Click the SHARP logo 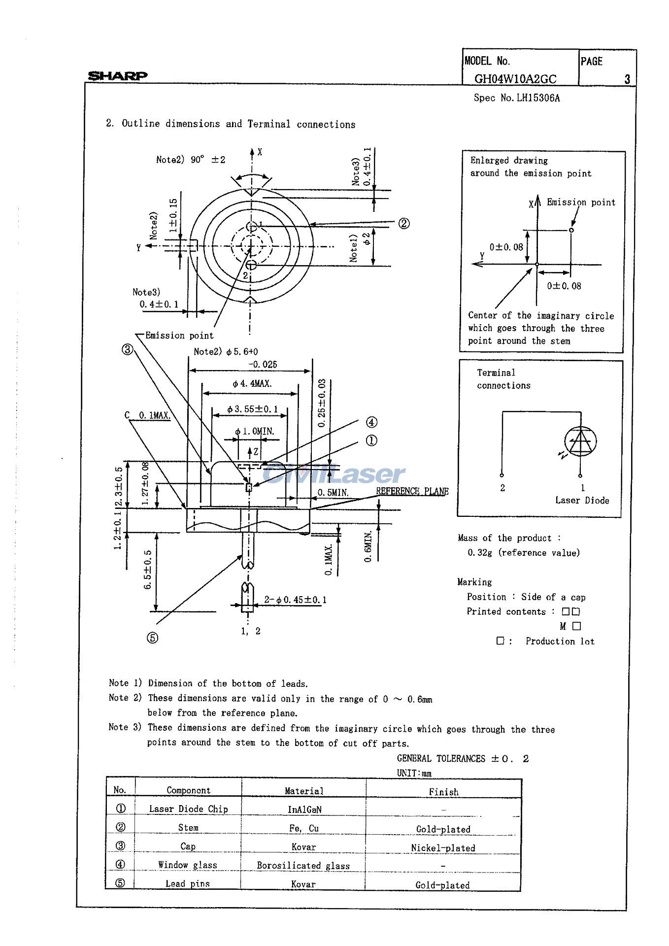117,75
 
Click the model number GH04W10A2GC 515,79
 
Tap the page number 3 627,79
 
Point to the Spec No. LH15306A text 516,98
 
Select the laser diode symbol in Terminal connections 580,441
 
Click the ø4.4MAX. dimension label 252,383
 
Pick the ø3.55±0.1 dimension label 252,409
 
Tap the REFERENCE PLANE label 412,491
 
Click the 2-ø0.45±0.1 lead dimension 295,600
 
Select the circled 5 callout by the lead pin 152,638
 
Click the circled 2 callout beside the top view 403,223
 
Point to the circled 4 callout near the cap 371,422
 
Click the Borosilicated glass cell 303,866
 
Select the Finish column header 443,792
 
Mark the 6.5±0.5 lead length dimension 147,570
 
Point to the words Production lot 560,641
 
